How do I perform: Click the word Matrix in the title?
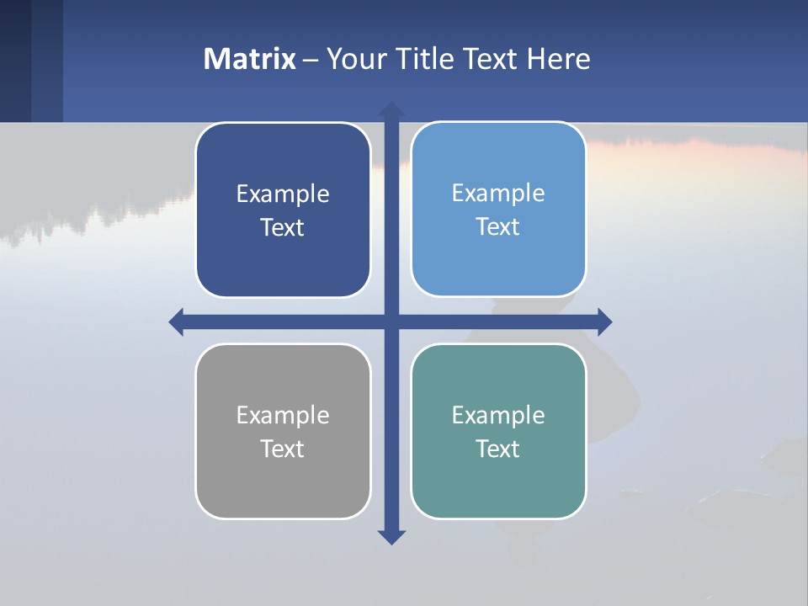[x=250, y=59]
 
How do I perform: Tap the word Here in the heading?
[x=559, y=59]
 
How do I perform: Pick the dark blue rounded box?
[x=283, y=261]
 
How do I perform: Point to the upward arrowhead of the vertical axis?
[x=391, y=109]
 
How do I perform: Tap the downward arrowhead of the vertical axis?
[x=391, y=536]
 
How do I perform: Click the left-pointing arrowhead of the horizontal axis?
[x=177, y=322]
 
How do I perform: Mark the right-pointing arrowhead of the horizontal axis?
[x=604, y=322]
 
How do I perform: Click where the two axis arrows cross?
[x=391, y=322]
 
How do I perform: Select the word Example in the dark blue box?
[x=283, y=194]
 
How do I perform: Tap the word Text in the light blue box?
[x=498, y=227]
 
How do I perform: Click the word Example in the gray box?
[x=283, y=416]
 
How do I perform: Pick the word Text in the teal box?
[x=498, y=449]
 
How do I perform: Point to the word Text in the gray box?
[x=283, y=449]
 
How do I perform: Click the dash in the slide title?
[x=311, y=60]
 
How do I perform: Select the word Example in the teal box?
[x=498, y=416]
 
